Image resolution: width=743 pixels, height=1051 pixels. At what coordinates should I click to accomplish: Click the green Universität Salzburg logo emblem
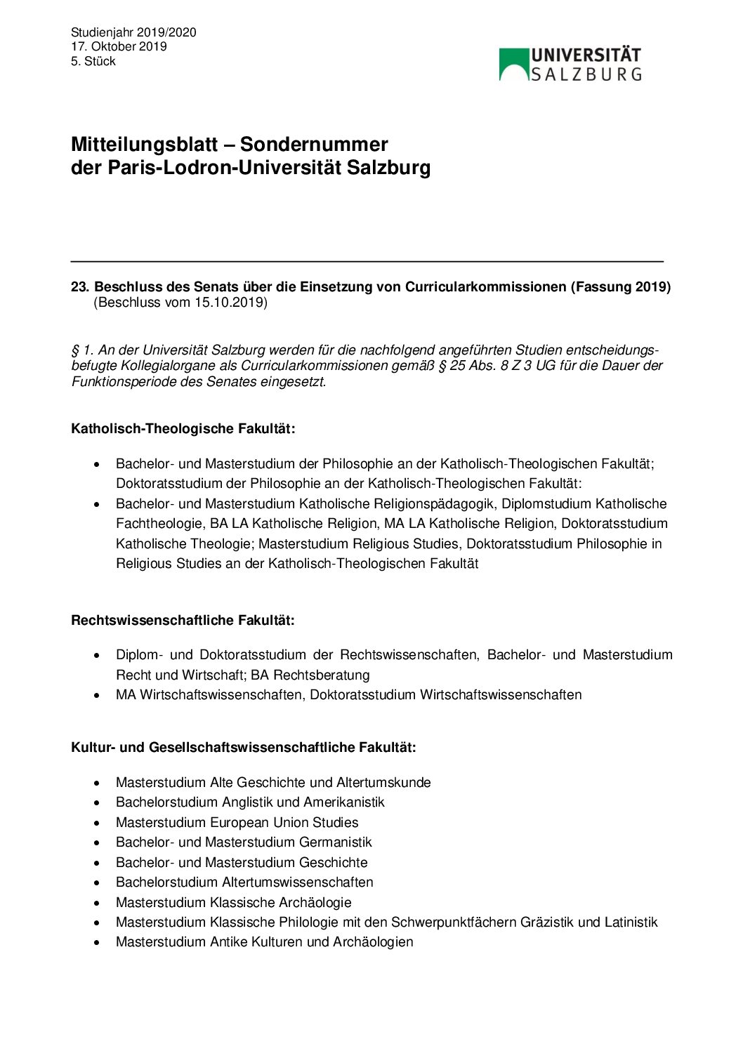514,64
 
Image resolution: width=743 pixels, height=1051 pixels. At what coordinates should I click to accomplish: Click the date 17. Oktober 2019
119,47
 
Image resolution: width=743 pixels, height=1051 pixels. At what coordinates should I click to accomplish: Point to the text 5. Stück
93,61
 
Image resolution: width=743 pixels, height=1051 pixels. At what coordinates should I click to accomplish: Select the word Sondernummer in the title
314,145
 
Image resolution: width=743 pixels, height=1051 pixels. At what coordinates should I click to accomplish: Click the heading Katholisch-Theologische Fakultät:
183,429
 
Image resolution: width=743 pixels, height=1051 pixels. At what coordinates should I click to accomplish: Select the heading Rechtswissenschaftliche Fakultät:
183,621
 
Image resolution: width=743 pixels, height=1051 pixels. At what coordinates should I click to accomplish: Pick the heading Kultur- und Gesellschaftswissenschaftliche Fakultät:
243,748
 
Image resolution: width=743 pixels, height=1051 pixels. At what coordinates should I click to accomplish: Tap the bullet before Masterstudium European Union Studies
97,822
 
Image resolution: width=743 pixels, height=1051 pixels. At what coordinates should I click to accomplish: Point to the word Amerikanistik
344,802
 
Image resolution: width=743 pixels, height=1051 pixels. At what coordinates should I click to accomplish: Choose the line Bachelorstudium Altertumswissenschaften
244,882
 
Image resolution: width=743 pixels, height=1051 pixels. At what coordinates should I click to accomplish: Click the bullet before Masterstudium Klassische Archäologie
97,902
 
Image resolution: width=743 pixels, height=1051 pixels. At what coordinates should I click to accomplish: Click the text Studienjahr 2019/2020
133,32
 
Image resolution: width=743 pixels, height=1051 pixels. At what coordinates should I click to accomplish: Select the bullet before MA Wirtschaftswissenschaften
97,695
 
